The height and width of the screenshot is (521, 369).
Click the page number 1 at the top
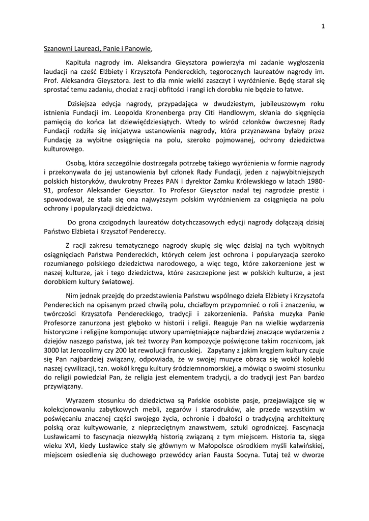(323, 27)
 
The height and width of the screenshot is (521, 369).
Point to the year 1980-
(315, 182)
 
